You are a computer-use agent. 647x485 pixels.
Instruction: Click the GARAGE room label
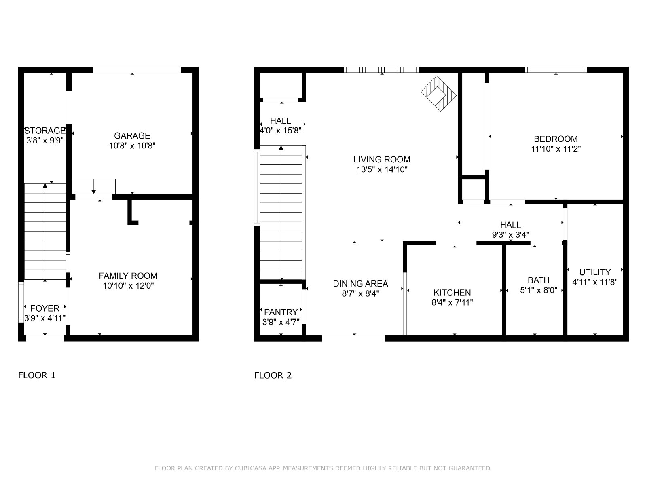[x=132, y=136]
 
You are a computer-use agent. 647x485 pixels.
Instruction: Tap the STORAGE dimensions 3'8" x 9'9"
[x=45, y=141]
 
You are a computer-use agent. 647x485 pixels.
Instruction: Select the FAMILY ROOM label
[x=128, y=276]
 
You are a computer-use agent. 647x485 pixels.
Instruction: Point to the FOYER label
[x=45, y=308]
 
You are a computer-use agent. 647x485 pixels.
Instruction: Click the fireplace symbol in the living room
[x=439, y=94]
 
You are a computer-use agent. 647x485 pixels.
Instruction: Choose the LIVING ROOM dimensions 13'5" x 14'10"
[x=382, y=169]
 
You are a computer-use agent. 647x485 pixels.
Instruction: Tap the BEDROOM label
[x=556, y=139]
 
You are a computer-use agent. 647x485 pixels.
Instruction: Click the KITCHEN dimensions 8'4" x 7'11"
[x=452, y=302]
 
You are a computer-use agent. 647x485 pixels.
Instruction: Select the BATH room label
[x=539, y=280]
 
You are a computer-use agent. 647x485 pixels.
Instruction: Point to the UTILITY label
[x=595, y=272]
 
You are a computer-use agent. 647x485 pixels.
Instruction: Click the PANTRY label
[x=281, y=312]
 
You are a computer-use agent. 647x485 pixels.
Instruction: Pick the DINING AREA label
[x=360, y=284]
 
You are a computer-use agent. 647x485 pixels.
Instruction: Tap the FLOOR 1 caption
[x=37, y=375]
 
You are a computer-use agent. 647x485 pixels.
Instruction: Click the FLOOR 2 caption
[x=273, y=375]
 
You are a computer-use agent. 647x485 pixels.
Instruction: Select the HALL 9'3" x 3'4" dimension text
[x=511, y=235]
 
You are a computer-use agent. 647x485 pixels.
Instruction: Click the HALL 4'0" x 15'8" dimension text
[x=281, y=131]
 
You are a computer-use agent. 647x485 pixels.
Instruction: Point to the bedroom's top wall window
[x=556, y=70]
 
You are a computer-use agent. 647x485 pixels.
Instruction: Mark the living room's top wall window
[x=381, y=70]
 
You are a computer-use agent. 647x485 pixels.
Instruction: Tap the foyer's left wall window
[x=21, y=302]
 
